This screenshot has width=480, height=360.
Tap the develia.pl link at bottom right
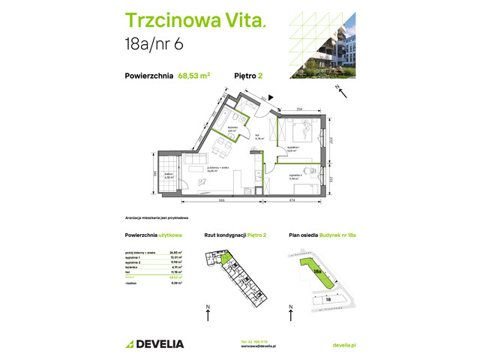pos(343,344)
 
